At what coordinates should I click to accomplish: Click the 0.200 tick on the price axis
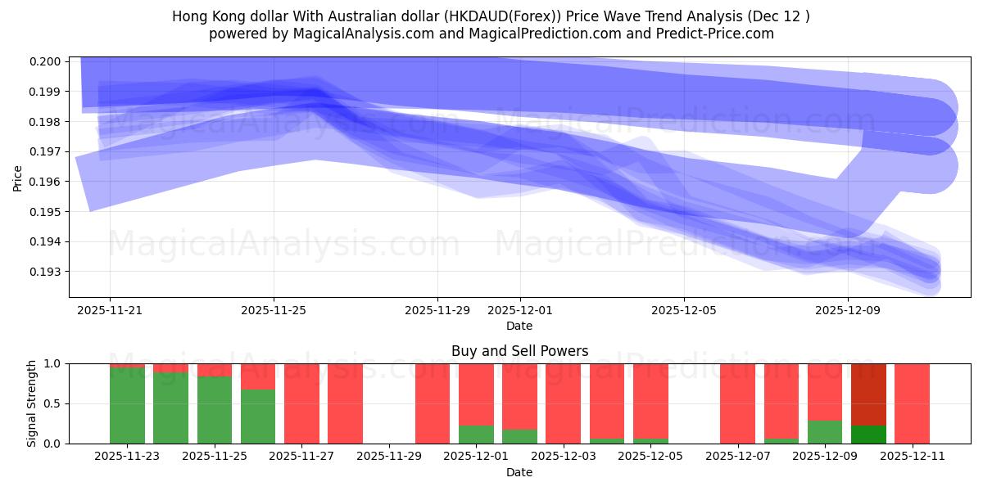[x=46, y=61]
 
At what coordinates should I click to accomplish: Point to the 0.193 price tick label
[x=46, y=272]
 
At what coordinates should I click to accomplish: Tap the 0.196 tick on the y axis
[x=46, y=182]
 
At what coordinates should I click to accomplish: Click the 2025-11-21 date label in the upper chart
[x=110, y=310]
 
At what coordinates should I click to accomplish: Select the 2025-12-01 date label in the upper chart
[x=519, y=310]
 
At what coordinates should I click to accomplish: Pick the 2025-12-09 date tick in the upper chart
[x=847, y=310]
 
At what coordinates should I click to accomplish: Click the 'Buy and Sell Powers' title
[x=519, y=351]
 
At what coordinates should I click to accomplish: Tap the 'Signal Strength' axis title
[x=32, y=403]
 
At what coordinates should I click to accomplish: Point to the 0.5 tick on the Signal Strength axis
[x=52, y=403]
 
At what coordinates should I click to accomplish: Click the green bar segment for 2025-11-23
[x=127, y=405]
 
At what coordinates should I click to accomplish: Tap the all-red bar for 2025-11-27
[x=301, y=403]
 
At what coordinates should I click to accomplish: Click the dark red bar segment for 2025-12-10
[x=868, y=394]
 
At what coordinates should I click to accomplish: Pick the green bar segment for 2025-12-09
[x=825, y=431]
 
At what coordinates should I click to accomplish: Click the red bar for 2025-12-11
[x=912, y=403]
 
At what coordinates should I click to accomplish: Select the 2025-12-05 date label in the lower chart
[x=650, y=457]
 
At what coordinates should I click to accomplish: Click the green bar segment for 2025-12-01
[x=476, y=434]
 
